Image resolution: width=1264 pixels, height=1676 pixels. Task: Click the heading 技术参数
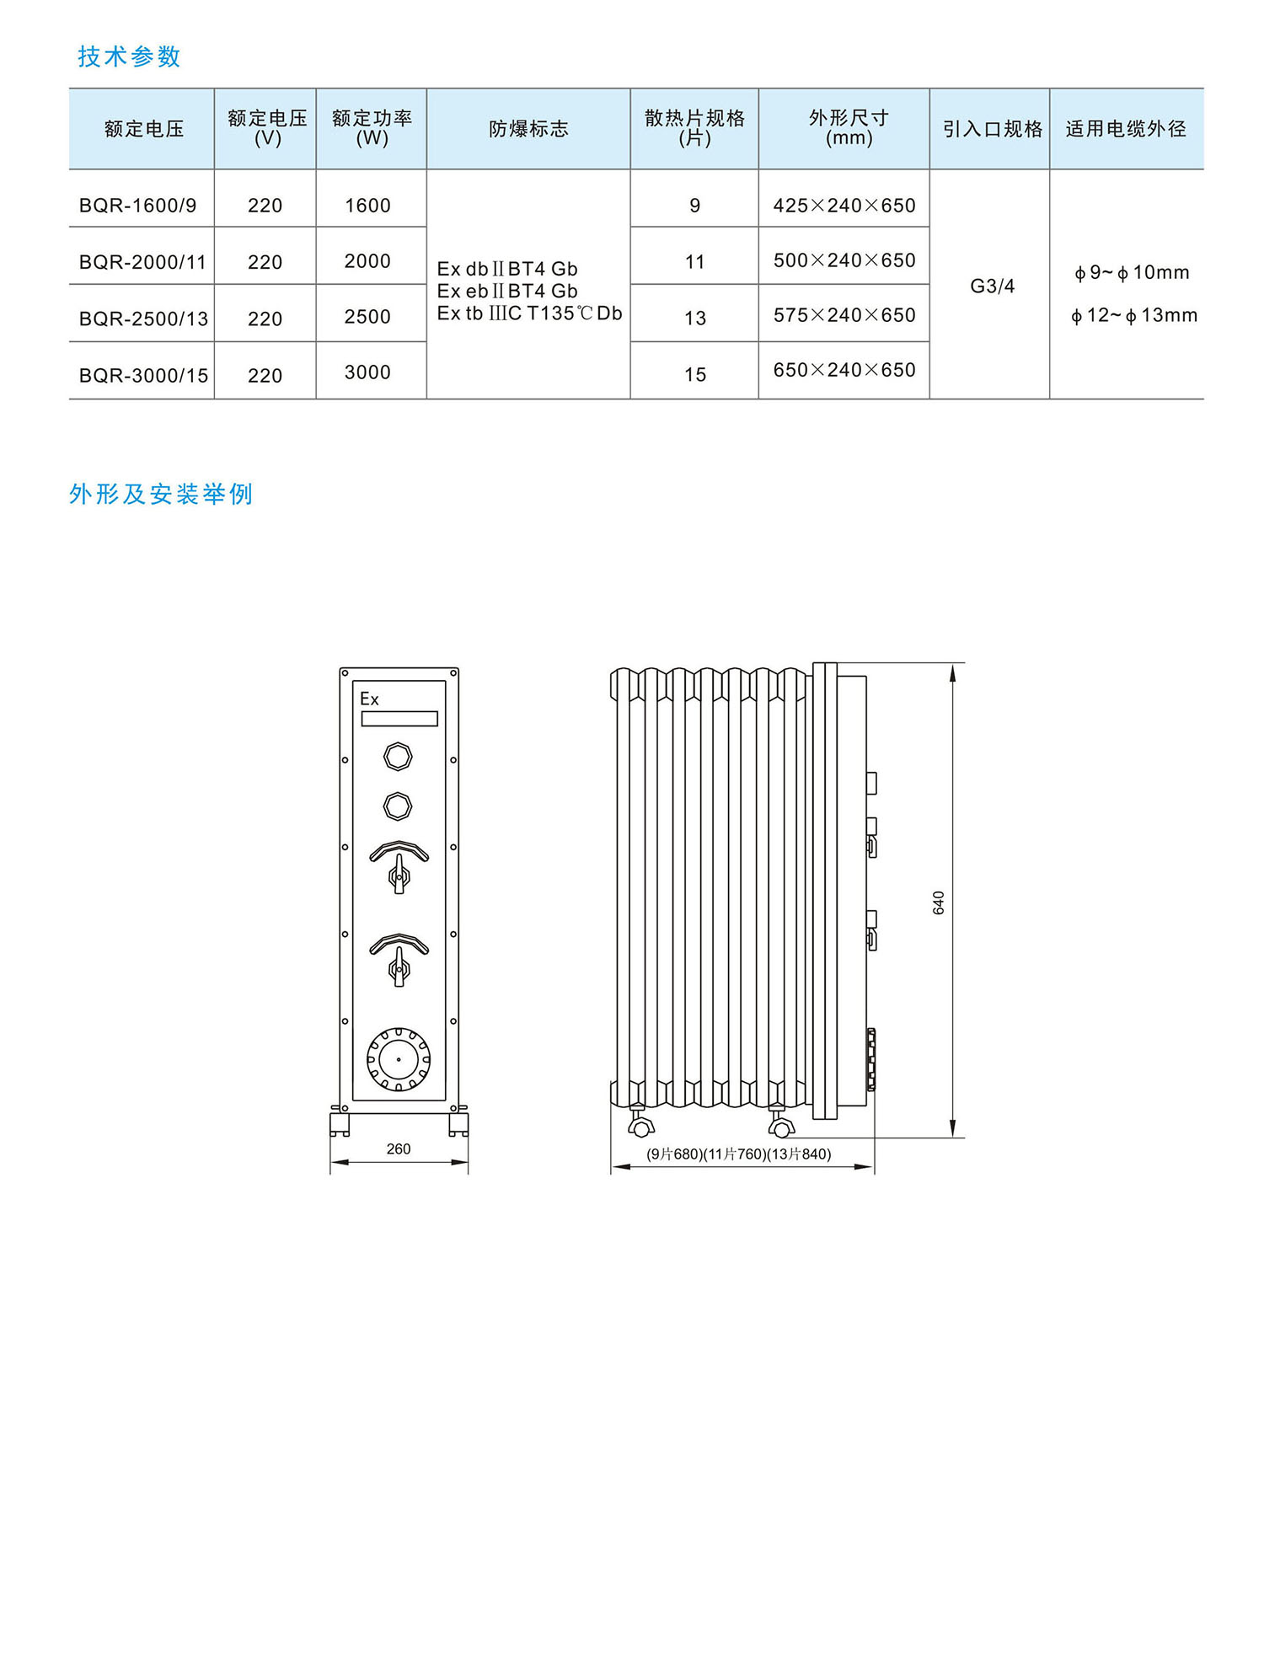129,56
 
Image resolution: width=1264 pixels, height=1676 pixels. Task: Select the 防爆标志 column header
528,129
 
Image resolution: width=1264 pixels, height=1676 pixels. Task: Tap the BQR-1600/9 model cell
138,206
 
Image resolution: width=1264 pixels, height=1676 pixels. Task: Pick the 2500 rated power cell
367,317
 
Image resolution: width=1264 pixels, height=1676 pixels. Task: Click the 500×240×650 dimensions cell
844,260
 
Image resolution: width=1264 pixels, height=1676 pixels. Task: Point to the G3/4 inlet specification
992,286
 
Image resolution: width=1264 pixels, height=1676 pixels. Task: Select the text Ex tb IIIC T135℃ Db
529,313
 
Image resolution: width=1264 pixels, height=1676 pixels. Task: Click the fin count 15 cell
695,374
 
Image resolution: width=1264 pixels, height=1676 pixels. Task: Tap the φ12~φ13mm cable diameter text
1133,315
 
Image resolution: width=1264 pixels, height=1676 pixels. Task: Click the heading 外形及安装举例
161,494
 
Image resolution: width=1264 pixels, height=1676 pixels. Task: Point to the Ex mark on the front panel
369,699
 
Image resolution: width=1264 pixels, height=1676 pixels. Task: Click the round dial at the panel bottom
398,1058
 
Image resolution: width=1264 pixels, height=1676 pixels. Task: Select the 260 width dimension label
399,1149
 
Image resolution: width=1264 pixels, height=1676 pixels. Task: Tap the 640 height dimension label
939,902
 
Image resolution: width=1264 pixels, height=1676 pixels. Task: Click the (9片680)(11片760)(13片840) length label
738,1154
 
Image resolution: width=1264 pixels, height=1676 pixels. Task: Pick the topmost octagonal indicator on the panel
398,756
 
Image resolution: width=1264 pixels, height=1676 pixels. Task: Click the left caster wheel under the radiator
641,1127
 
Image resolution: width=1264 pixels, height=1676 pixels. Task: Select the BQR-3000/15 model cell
143,375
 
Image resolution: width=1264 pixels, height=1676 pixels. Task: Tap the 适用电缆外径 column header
1126,129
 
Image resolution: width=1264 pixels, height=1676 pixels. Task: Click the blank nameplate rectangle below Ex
399,719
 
